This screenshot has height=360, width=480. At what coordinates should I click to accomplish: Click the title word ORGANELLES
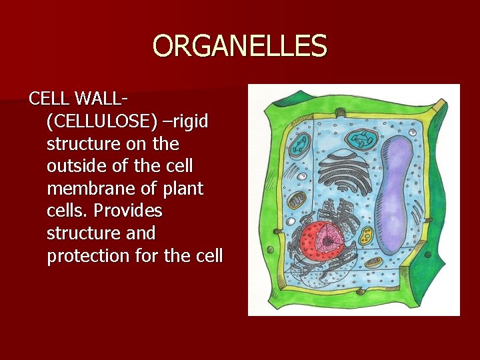click(240, 47)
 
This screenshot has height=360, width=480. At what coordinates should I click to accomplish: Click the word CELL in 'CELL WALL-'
click(49, 99)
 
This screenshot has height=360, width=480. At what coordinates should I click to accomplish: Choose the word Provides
click(128, 211)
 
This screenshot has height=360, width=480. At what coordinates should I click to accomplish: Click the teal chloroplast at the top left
click(303, 143)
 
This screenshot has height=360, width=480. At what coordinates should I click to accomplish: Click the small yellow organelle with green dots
click(367, 235)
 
